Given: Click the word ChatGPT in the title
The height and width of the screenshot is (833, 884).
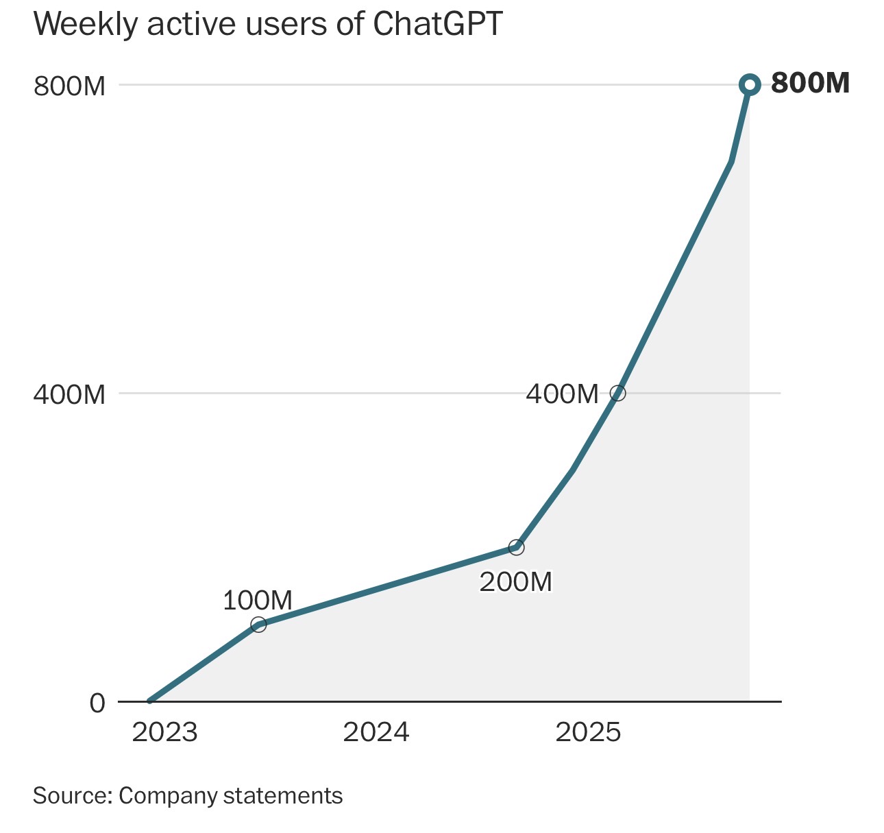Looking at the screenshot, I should pyautogui.click(x=437, y=24).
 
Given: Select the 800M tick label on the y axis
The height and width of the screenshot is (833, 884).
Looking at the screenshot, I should pyautogui.click(x=69, y=87).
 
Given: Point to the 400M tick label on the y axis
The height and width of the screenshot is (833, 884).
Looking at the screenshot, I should pyautogui.click(x=69, y=395).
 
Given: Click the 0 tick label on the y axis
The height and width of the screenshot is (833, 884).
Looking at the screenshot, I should pyautogui.click(x=97, y=703).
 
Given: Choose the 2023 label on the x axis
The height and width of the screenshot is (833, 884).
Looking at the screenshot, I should pyautogui.click(x=164, y=732).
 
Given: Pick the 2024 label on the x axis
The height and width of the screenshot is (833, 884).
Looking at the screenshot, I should pyautogui.click(x=376, y=732).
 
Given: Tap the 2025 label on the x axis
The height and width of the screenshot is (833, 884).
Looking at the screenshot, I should pyautogui.click(x=588, y=732).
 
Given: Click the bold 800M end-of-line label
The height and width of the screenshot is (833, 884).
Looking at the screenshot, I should pyautogui.click(x=810, y=84).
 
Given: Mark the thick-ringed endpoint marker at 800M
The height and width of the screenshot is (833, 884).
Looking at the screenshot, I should pyautogui.click(x=750, y=85).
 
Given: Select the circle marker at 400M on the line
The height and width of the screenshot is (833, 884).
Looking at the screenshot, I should pyautogui.click(x=617, y=394).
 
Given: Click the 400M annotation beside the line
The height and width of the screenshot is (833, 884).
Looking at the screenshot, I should pyautogui.click(x=562, y=394).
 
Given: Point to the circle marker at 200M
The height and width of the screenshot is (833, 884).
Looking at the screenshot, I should pyautogui.click(x=516, y=547).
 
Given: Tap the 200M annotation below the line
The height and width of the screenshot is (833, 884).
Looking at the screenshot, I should pyautogui.click(x=515, y=582).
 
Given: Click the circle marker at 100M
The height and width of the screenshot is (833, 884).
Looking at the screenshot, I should pyautogui.click(x=258, y=625).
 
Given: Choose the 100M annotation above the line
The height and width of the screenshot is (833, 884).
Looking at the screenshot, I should pyautogui.click(x=258, y=601).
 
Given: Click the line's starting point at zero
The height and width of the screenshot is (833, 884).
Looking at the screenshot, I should pyautogui.click(x=149, y=701).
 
